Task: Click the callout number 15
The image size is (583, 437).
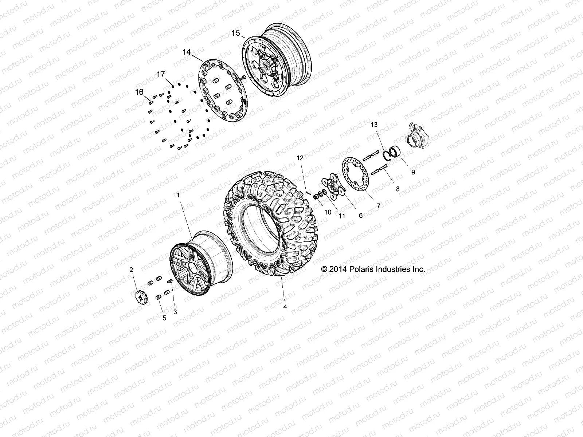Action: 236,33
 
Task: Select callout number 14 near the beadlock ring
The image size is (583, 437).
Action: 187,52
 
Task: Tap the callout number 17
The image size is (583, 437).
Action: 161,75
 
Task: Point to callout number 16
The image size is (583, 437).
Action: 140,92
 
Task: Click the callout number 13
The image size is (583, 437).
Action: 374,125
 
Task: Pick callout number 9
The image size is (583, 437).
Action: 413,172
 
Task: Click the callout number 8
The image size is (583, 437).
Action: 398,189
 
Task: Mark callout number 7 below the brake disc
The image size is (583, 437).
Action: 379,206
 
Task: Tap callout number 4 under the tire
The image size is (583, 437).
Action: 285,307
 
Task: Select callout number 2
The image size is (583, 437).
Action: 132,270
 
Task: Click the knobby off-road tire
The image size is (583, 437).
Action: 270,226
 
